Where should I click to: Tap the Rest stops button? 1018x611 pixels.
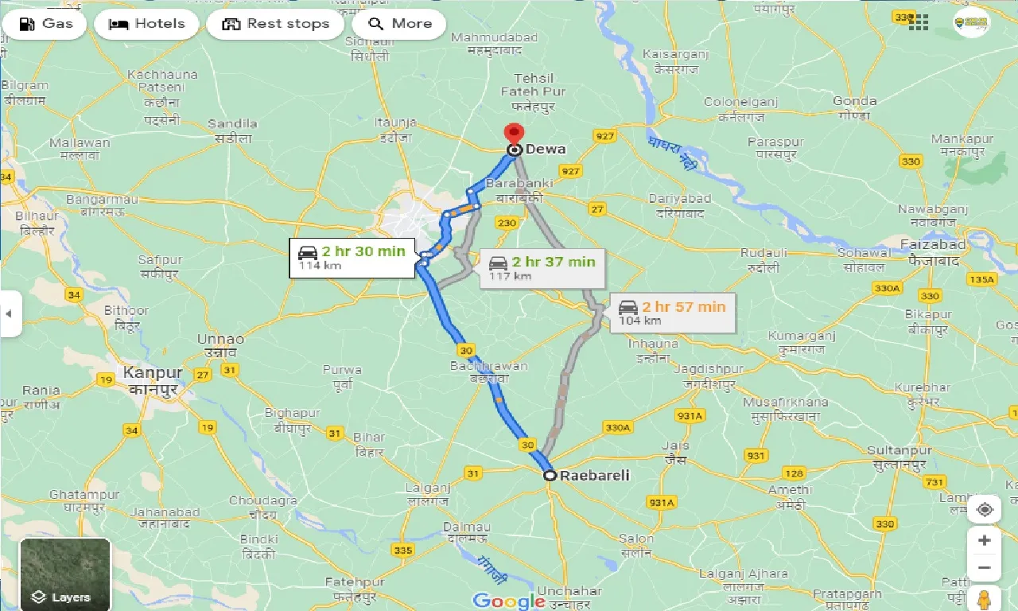[275, 24]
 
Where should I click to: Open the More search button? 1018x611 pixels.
[399, 24]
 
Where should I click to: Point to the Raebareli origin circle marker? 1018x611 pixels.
[550, 476]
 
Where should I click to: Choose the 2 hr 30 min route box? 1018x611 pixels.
[353, 257]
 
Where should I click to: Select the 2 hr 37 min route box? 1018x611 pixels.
[542, 268]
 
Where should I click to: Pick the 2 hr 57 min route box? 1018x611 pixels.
[673, 313]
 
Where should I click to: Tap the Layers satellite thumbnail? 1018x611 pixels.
[65, 574]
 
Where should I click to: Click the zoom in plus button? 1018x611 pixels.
[984, 540]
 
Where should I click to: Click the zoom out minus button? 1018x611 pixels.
[984, 567]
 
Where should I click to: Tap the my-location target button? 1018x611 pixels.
[984, 509]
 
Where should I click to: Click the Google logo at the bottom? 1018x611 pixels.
[509, 600]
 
